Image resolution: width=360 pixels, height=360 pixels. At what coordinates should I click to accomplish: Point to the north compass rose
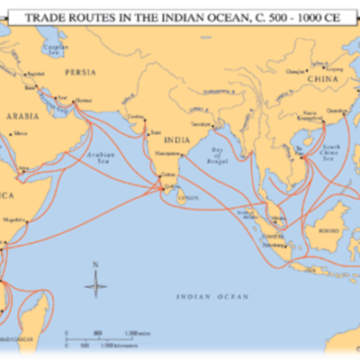(x=95, y=285)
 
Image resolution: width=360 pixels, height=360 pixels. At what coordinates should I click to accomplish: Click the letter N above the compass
(x=95, y=265)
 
